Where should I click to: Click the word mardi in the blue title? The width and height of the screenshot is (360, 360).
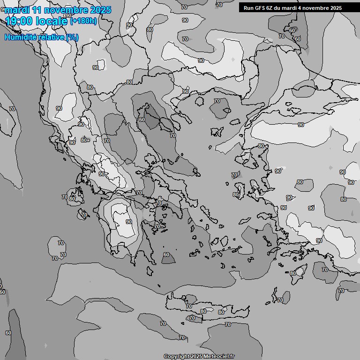click(17, 10)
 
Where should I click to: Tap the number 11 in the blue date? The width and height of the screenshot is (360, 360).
click(38, 10)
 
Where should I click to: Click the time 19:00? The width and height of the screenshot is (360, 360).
click(20, 21)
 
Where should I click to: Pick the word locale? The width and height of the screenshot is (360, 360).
click(52, 21)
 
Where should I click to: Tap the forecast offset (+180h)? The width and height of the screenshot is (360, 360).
click(83, 21)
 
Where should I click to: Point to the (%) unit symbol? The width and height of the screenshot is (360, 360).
click(72, 37)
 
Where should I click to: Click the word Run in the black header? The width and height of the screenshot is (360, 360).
click(248, 8)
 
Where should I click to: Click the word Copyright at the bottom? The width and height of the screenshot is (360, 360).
click(177, 356)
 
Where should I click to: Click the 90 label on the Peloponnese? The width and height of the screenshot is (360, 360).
click(129, 222)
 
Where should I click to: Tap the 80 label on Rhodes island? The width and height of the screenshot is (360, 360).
click(293, 273)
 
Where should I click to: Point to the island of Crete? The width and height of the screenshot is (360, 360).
click(206, 307)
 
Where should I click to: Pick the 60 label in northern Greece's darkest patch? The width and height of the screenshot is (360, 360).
click(142, 120)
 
